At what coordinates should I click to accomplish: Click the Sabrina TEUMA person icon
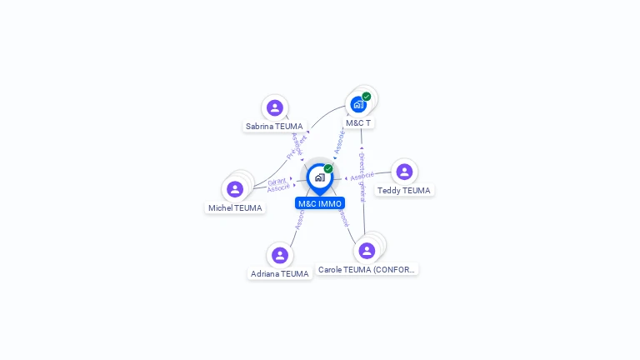click(275, 107)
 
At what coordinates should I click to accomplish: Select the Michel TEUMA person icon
click(235, 189)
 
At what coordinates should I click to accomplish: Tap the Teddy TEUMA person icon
click(404, 172)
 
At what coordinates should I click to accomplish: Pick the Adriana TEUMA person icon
click(280, 255)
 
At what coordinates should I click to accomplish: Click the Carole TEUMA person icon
click(367, 251)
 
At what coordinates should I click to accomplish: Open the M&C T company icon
click(358, 104)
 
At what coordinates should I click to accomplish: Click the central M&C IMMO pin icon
click(319, 177)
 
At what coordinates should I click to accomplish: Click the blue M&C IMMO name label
click(320, 203)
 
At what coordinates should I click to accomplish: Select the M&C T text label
click(358, 122)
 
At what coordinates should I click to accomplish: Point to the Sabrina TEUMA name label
click(274, 127)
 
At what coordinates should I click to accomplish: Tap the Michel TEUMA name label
click(235, 208)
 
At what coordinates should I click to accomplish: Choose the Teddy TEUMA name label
click(404, 191)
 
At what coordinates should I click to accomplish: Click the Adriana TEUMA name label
click(280, 273)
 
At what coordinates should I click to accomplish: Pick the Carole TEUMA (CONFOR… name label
click(367, 270)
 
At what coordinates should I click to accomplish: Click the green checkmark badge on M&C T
click(367, 97)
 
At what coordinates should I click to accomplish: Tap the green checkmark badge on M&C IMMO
click(328, 169)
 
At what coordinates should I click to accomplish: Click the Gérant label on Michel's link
click(277, 181)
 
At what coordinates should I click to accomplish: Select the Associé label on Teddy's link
click(362, 177)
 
